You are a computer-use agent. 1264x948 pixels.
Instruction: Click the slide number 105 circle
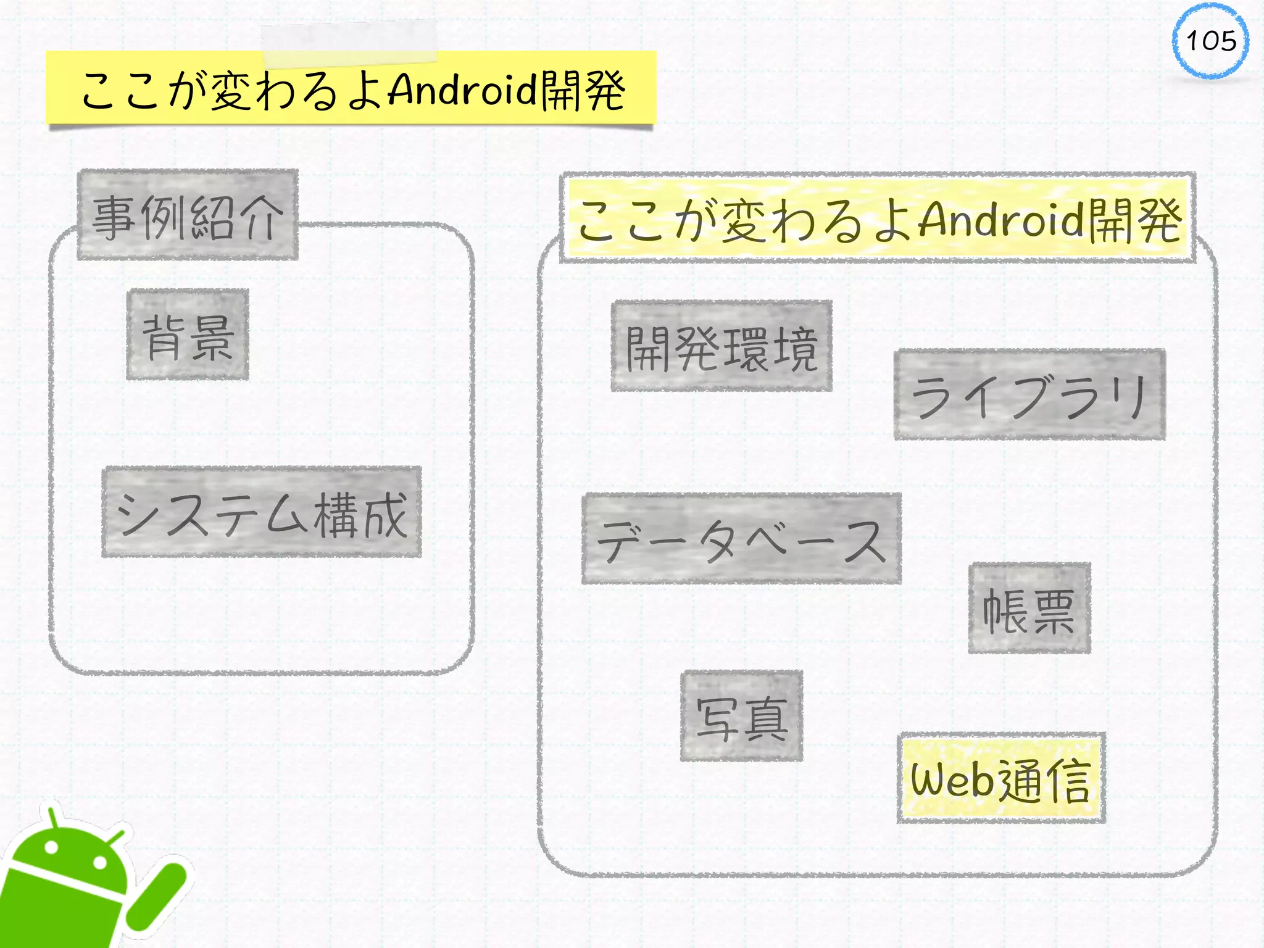tap(1210, 41)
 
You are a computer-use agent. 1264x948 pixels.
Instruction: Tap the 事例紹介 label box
tap(188, 214)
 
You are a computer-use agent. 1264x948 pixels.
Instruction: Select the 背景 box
tap(188, 334)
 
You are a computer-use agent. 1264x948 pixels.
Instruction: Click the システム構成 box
tap(262, 512)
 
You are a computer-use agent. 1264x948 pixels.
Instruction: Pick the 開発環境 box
tap(721, 346)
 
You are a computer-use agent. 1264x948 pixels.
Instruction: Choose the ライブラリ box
tap(1029, 394)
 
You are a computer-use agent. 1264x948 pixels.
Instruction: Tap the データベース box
tap(741, 539)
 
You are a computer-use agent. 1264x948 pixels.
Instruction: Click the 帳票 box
tap(1029, 608)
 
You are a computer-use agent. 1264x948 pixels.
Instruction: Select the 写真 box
tap(741, 716)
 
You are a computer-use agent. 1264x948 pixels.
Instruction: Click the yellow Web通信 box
tap(1001, 778)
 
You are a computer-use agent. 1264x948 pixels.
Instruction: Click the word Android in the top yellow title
tap(463, 89)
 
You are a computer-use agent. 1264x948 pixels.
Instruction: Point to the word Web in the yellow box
tap(952, 780)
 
